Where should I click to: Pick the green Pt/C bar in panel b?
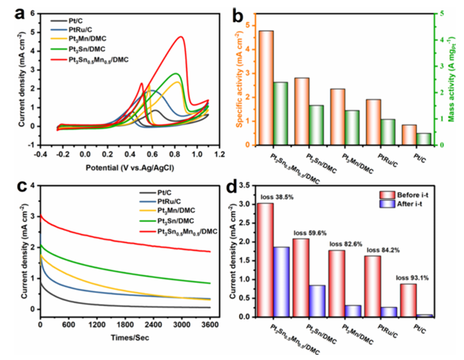[424, 139]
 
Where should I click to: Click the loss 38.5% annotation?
[276, 197]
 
